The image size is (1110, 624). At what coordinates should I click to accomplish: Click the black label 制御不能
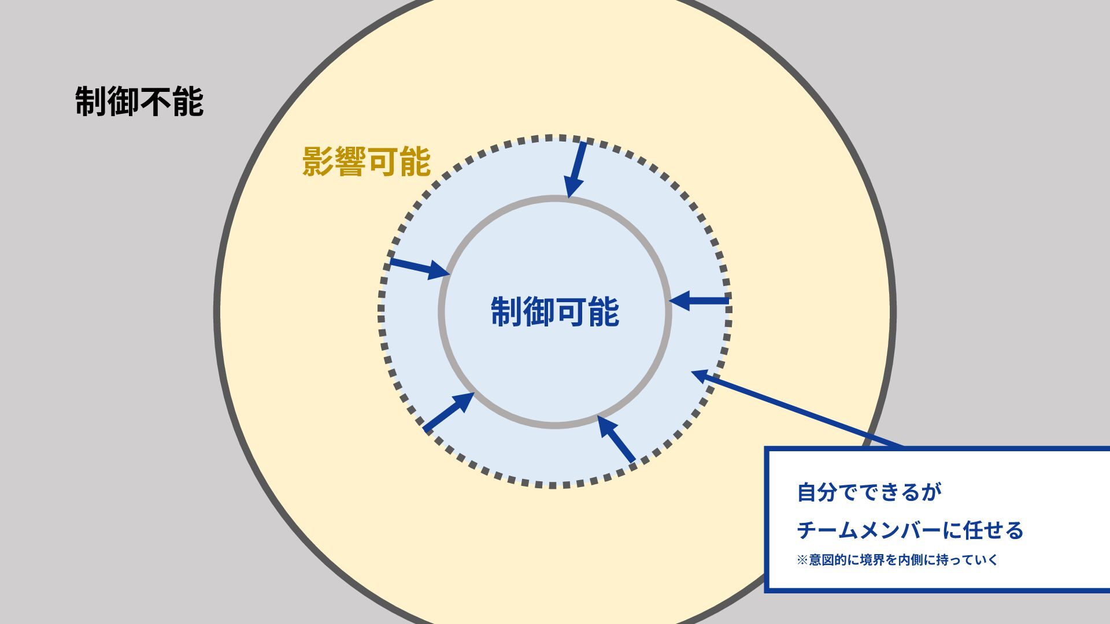[x=139, y=102]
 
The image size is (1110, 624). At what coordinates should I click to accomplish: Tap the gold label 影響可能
[x=367, y=161]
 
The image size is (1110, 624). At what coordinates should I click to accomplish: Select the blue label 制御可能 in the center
[x=555, y=312]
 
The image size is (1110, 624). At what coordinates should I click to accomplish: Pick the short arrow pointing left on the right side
[x=699, y=300]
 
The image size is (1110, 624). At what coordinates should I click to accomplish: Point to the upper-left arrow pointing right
[x=420, y=268]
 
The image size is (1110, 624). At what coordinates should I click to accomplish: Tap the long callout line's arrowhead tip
[x=693, y=372]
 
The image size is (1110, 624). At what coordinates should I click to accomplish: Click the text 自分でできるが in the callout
[x=869, y=492]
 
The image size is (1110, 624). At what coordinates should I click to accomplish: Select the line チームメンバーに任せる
[x=910, y=530]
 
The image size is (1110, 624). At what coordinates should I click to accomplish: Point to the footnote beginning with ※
[x=897, y=560]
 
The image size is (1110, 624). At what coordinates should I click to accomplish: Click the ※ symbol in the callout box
[x=802, y=560]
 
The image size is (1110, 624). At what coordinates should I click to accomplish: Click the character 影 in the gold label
[x=319, y=161]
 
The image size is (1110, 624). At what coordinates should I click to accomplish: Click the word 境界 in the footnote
[x=872, y=560]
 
